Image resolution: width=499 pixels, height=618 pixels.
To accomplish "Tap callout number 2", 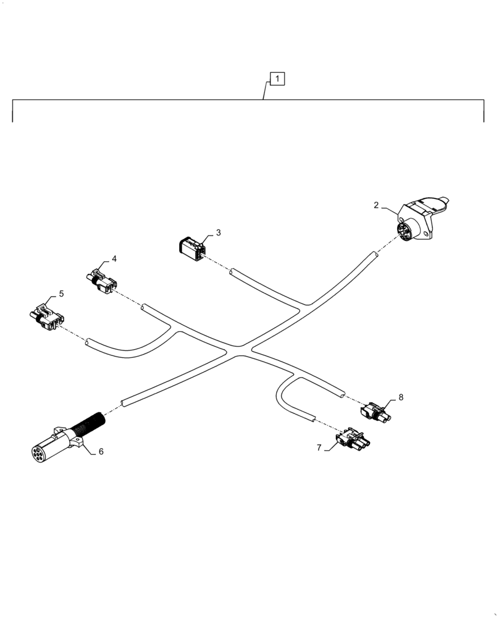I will [x=375, y=205].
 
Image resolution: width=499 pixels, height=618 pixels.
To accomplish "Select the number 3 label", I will [x=218, y=233].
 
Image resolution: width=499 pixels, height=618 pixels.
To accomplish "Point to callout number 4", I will [x=114, y=258].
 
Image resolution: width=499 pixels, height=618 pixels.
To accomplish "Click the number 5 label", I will [x=61, y=294].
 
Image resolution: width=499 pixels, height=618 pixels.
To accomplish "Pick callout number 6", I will [x=101, y=452].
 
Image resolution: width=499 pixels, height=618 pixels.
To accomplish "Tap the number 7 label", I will [x=319, y=447].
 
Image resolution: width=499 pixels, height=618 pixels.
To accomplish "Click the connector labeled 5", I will [x=47, y=316].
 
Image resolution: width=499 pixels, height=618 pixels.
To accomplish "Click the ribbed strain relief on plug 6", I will [x=90, y=426].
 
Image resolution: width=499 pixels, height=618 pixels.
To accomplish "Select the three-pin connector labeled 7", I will [x=352, y=439].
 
